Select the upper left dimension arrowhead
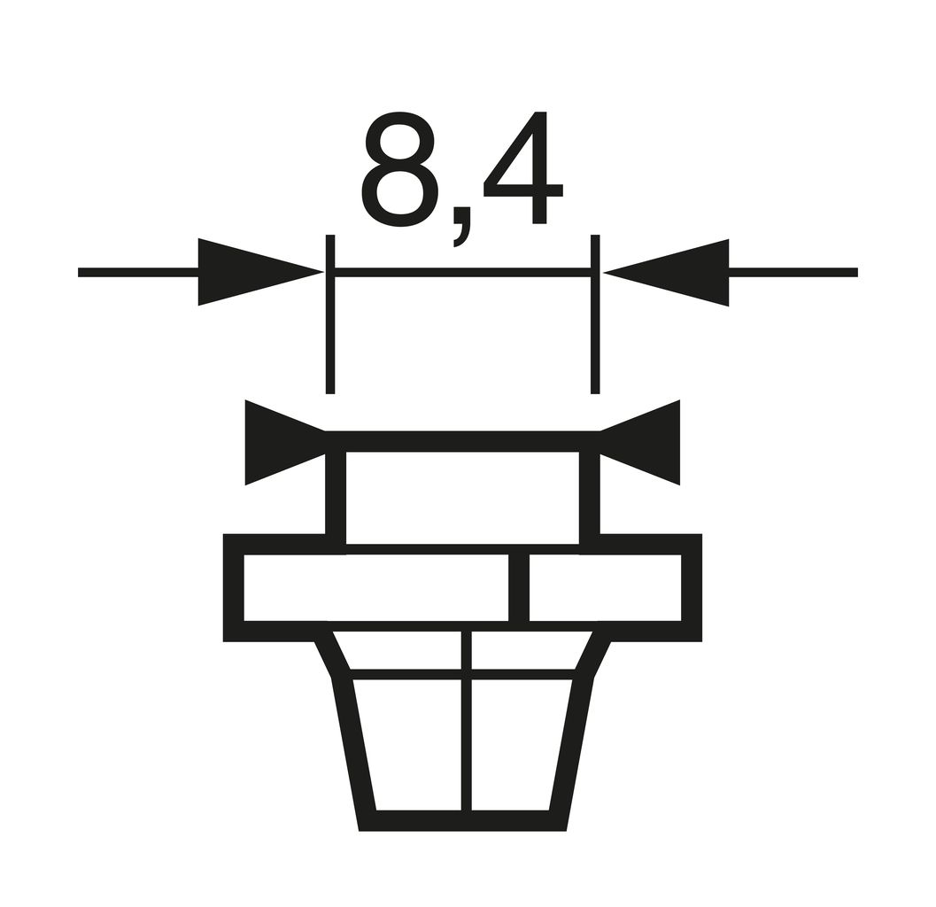(248, 272)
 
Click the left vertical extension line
(330, 337)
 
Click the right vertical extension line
(595, 337)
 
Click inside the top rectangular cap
(462, 497)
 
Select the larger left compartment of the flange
(376, 587)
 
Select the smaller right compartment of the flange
(605, 587)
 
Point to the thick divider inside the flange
(520, 587)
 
